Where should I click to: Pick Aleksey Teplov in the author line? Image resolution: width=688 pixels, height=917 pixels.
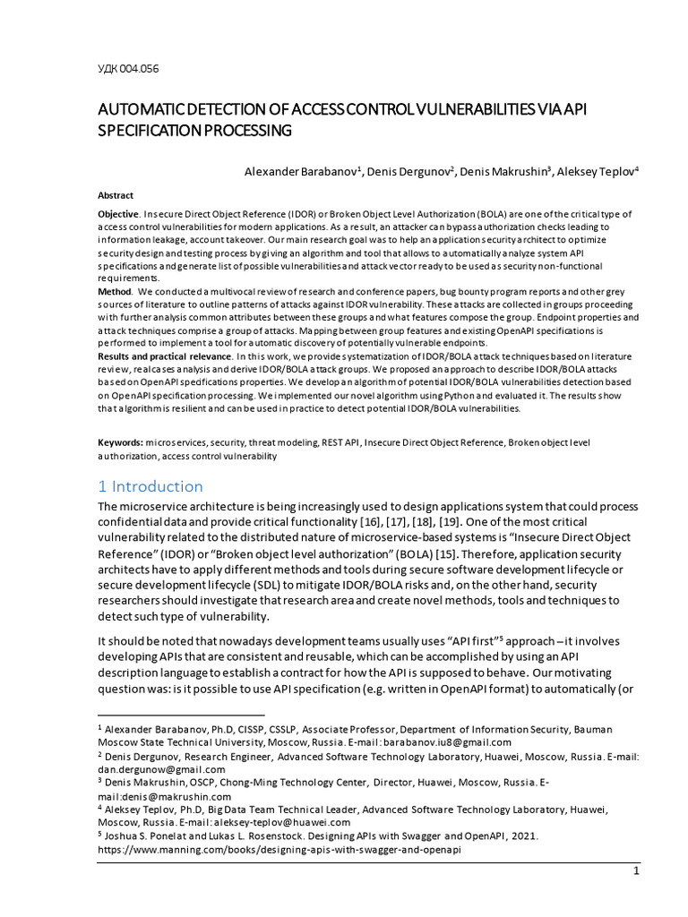coord(595,171)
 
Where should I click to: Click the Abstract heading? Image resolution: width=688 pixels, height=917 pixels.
coord(115,195)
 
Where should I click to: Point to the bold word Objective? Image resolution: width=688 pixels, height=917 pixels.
coord(118,215)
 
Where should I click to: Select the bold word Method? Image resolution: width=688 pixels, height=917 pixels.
coord(115,291)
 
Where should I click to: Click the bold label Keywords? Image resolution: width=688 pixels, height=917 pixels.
coord(120,443)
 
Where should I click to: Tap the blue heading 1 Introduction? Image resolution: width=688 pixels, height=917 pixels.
coord(150,486)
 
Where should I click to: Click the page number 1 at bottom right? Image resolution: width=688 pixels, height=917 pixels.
coord(635,870)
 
